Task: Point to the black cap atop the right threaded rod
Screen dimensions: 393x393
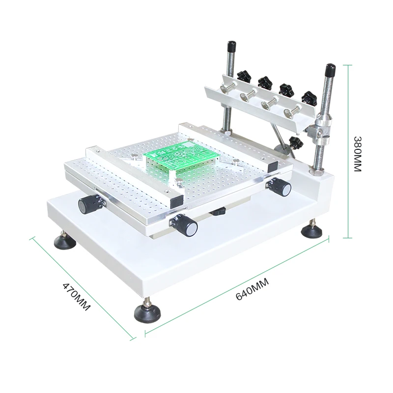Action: pos(330,68)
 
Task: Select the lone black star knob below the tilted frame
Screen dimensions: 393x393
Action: pos(295,143)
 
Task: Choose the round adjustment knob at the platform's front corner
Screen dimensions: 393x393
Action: pos(188,226)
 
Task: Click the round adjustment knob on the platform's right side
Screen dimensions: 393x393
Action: pos(281,187)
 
